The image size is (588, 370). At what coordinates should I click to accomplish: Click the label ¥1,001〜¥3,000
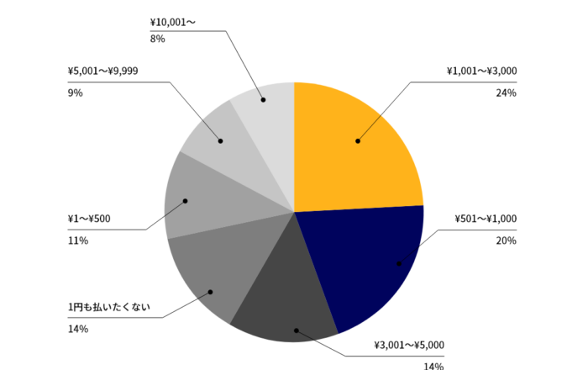pos(481,71)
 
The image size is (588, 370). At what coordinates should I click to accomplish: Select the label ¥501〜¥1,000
pos(486,219)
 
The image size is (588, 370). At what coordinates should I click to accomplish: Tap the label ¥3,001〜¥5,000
pos(409,345)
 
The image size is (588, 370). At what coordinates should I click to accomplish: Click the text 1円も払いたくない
pos(108,307)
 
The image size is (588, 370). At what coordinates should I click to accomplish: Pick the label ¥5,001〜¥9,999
pos(102,71)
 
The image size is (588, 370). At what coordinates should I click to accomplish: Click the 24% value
pos(506,92)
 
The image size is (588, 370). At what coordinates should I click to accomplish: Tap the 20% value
pos(506,240)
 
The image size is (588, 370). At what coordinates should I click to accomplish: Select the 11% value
pos(77,240)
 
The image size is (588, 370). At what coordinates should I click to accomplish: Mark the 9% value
pos(75,92)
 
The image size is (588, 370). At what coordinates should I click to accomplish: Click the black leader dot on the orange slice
pos(358,141)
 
